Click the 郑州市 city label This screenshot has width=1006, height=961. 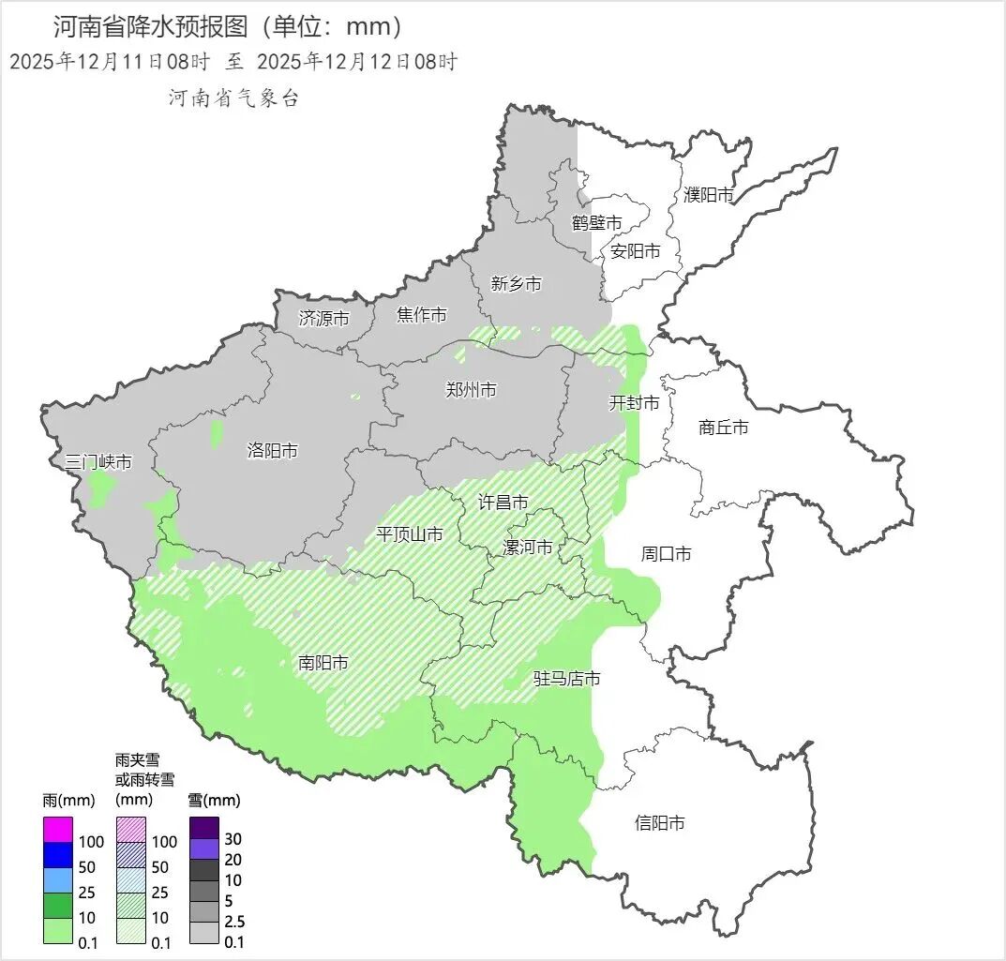pyautogui.click(x=471, y=390)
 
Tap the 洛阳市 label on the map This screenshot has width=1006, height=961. pyautogui.click(x=272, y=451)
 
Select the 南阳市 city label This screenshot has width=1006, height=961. pyautogui.click(x=323, y=663)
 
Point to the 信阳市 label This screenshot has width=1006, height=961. pyautogui.click(x=659, y=823)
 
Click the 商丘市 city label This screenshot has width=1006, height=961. pyautogui.click(x=724, y=428)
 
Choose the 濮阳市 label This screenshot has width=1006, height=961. pyautogui.click(x=708, y=195)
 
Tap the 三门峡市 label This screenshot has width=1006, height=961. pyautogui.click(x=98, y=462)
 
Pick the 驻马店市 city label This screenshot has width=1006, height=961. pyautogui.click(x=566, y=678)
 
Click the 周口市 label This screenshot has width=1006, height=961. pyautogui.click(x=666, y=554)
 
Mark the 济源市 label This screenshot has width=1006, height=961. pyautogui.click(x=323, y=319)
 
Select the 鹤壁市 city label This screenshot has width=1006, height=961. pyautogui.click(x=597, y=223)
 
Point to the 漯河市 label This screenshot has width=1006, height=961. pyautogui.click(x=528, y=547)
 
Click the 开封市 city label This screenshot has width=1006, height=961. pyautogui.click(x=635, y=403)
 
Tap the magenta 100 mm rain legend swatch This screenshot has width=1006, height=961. pyautogui.click(x=57, y=830)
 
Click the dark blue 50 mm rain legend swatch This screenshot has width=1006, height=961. pyautogui.click(x=57, y=855)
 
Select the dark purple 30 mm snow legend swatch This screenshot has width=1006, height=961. pyautogui.click(x=204, y=829)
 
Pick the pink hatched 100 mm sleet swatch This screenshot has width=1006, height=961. pyautogui.click(x=130, y=830)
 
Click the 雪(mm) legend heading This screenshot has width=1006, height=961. pyautogui.click(x=214, y=801)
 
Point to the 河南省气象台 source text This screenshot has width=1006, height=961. pyautogui.click(x=233, y=98)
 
